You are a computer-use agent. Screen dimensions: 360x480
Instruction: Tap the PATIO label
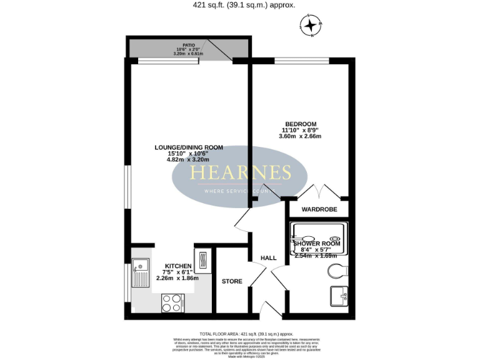pyautogui.click(x=189, y=46)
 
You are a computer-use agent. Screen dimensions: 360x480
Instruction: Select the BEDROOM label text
pyautogui.click(x=300, y=123)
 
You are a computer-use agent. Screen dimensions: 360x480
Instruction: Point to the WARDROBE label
pyautogui.click(x=319, y=209)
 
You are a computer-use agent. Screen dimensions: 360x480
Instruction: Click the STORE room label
pyautogui.click(x=232, y=281)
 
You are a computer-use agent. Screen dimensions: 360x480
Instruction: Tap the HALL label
pyautogui.click(x=269, y=257)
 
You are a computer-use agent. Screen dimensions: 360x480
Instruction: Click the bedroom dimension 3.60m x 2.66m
pyautogui.click(x=300, y=136)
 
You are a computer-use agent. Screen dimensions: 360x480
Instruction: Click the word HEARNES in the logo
pyautogui.click(x=241, y=172)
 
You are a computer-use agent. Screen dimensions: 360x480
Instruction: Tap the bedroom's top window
pyautogui.click(x=302, y=61)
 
